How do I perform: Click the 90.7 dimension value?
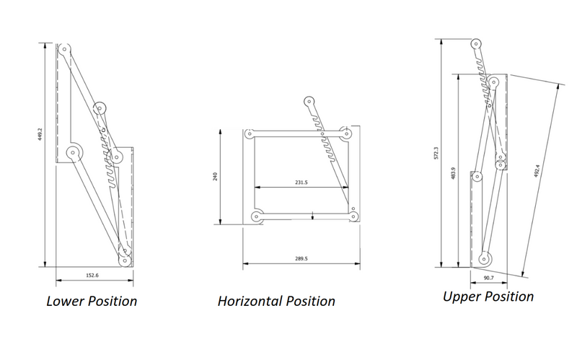click(490, 276)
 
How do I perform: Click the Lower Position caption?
click(92, 300)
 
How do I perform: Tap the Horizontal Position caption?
click(276, 301)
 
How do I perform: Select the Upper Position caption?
click(488, 297)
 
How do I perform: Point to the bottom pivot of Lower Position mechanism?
click(126, 260)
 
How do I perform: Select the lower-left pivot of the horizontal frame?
click(255, 216)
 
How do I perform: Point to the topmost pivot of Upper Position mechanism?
click(477, 43)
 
